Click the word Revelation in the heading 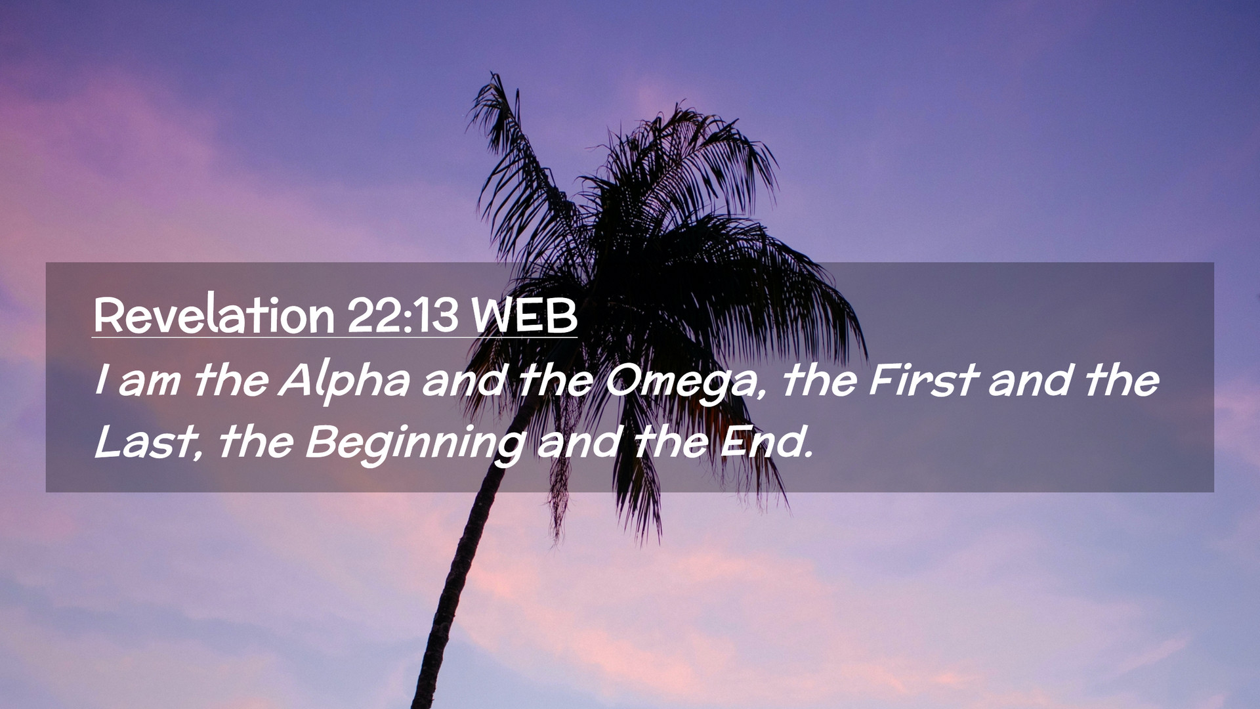pyautogui.click(x=214, y=316)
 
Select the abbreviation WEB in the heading pyautogui.click(x=524, y=316)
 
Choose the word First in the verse pyautogui.click(x=924, y=380)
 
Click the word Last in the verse pyautogui.click(x=145, y=442)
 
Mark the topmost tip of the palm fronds pyautogui.click(x=493, y=74)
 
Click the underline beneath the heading pyautogui.click(x=335, y=337)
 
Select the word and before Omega pyautogui.click(x=464, y=381)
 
